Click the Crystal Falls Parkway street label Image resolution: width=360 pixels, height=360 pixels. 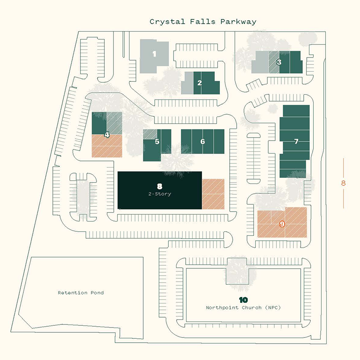202,22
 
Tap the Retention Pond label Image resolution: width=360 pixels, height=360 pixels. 81,293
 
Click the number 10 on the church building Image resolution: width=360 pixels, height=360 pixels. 243,300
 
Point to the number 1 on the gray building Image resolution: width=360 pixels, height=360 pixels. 154,54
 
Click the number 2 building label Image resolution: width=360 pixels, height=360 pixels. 199,82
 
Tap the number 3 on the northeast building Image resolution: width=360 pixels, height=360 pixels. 279,62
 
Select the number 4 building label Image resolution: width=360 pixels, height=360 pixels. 106,135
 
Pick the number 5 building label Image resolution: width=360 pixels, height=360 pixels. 157,141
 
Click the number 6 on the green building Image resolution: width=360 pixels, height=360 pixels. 202,141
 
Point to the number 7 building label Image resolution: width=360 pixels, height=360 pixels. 296,141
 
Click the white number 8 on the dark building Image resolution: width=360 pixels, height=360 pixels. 160,186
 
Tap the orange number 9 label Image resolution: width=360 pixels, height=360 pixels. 282,224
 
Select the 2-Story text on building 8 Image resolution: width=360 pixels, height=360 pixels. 160,194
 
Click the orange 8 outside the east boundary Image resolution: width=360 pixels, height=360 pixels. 344,183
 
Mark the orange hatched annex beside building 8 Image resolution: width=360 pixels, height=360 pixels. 213,194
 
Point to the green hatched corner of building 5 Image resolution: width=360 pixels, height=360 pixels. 149,134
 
